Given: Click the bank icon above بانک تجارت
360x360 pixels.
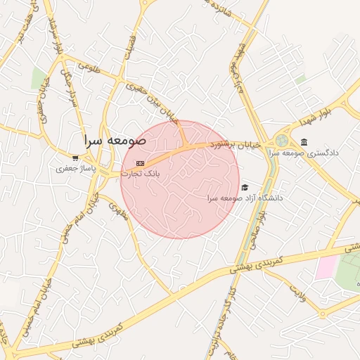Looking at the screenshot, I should click(x=140, y=163).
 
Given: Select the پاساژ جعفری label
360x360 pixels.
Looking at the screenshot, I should click(x=75, y=169).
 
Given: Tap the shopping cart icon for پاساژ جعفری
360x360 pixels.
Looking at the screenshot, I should click(x=75, y=158).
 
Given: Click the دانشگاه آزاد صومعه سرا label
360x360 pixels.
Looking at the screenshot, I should click(x=245, y=198).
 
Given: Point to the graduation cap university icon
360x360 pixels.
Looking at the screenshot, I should click(x=245, y=187).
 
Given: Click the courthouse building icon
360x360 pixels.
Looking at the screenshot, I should click(x=304, y=141).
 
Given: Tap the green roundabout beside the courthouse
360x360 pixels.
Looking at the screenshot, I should click(x=283, y=141).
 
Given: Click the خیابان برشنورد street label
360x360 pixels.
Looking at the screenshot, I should click(x=236, y=144).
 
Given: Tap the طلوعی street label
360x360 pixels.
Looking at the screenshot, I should click(x=90, y=68).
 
